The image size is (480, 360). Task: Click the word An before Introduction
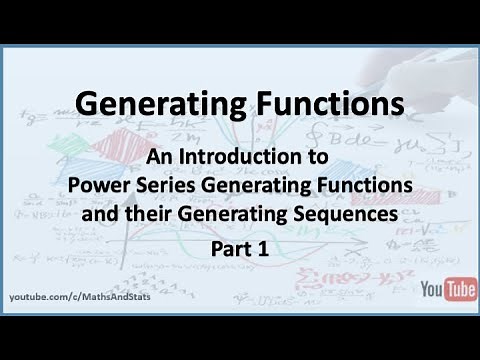tap(159, 158)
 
